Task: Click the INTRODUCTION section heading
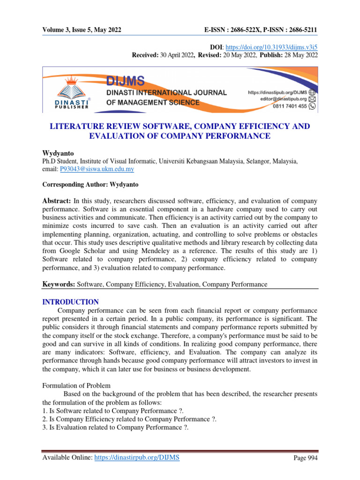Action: pyautogui.click(x=70, y=302)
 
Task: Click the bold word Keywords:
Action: pyautogui.click(x=59, y=284)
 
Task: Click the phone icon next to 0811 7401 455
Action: pyautogui.click(x=312, y=106)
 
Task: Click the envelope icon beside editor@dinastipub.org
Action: pyautogui.click(x=312, y=99)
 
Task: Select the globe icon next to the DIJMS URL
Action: pyautogui.click(x=312, y=93)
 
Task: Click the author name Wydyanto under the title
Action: pyautogui.click(x=59, y=153)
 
